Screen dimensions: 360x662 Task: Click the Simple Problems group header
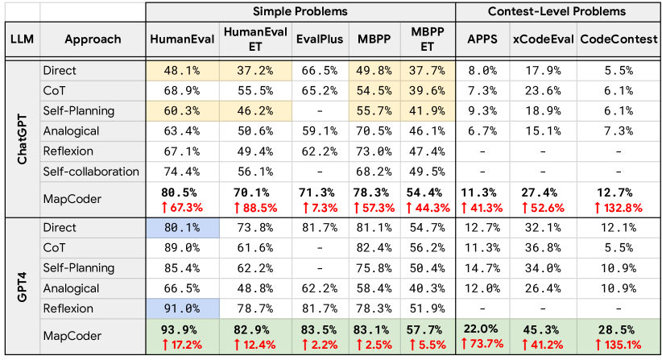[300, 12]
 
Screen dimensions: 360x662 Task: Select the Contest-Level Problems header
[556, 12]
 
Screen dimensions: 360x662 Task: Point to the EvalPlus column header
[320, 39]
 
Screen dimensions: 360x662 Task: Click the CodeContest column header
[618, 39]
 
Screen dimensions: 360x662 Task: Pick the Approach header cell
[93, 39]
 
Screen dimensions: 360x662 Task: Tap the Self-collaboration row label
[90, 171]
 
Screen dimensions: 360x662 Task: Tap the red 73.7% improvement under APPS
[482, 345]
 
